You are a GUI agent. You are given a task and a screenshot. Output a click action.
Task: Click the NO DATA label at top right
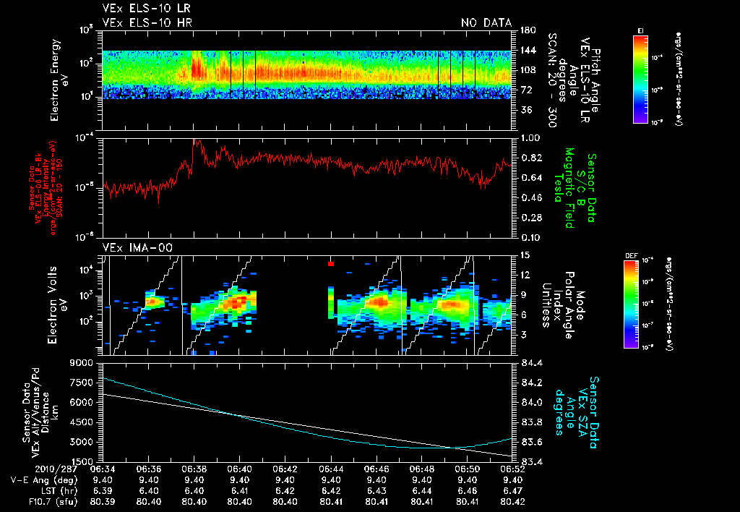486,23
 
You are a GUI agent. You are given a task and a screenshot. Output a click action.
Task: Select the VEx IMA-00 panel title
132,247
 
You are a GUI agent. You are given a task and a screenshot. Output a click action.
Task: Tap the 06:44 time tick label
331,468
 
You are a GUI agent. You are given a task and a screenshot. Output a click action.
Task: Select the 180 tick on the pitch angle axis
527,30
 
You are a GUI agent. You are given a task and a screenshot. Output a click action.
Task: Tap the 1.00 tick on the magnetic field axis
530,137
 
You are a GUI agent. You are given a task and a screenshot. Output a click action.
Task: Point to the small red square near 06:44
330,264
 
